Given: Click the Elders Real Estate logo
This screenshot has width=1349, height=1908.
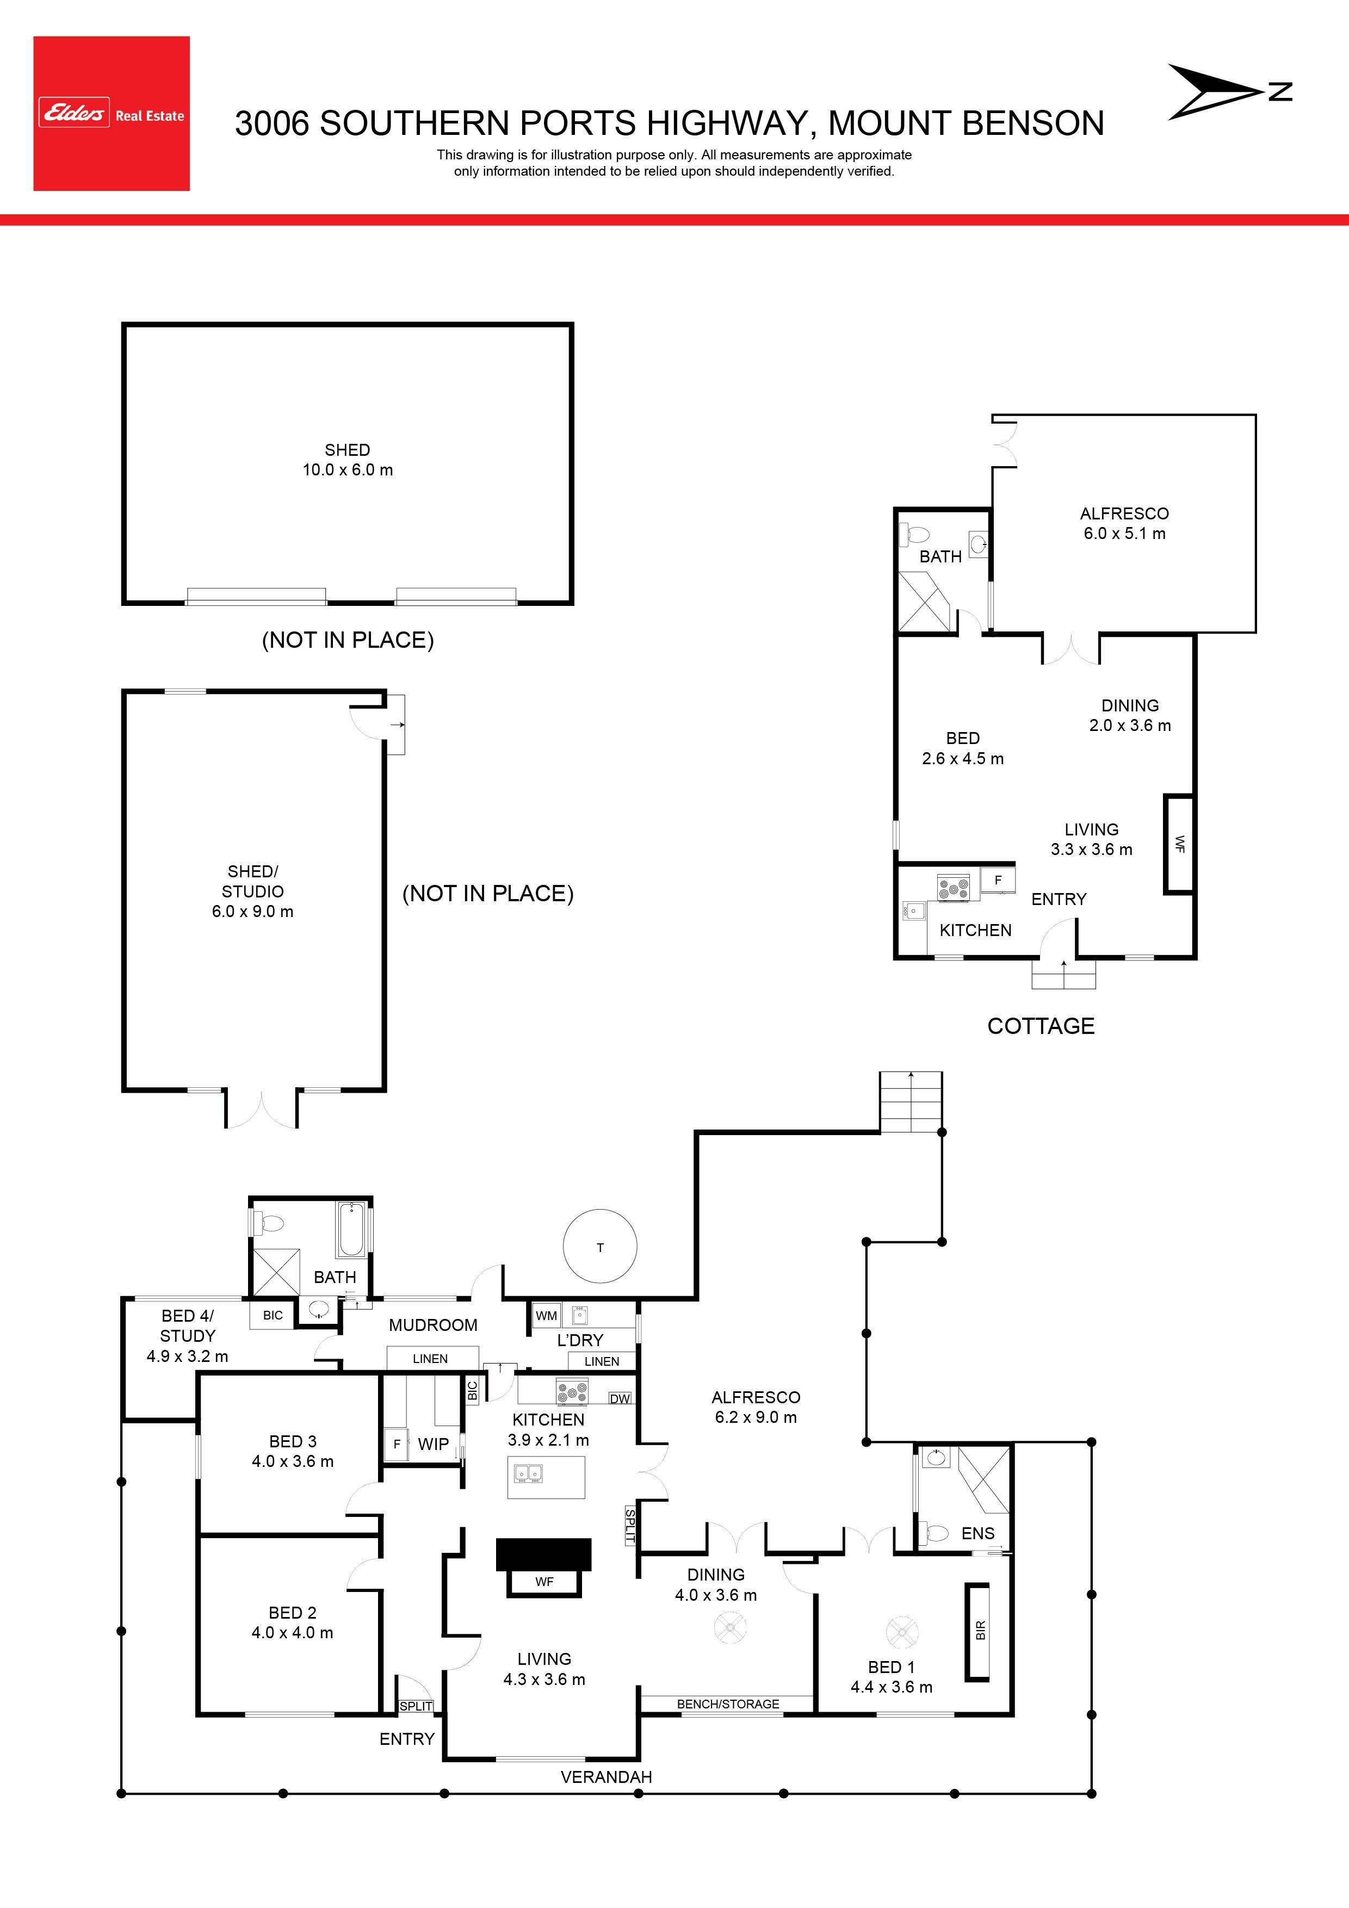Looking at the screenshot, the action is pyautogui.click(x=112, y=114).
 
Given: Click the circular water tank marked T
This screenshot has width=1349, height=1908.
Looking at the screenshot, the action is pyautogui.click(x=600, y=1247).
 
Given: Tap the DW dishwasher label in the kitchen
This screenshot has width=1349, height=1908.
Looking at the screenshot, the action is pyautogui.click(x=620, y=1398).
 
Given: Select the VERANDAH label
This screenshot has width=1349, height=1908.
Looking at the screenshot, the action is pyautogui.click(x=606, y=1777).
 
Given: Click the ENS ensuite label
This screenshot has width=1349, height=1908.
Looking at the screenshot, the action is pyautogui.click(x=977, y=1533).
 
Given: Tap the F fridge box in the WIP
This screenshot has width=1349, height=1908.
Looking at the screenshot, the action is pyautogui.click(x=397, y=1444).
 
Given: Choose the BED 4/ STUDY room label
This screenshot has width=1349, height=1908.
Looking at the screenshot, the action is pyautogui.click(x=188, y=1325).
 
